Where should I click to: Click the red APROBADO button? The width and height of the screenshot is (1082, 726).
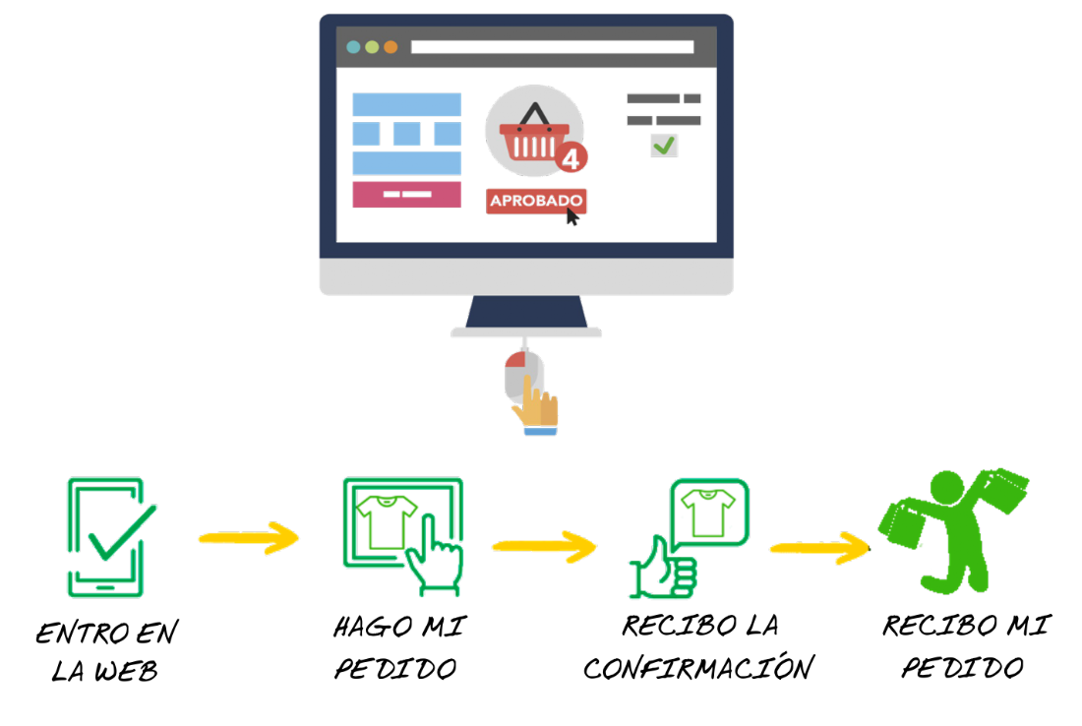[x=536, y=201]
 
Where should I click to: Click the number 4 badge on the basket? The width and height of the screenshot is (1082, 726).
[x=571, y=157]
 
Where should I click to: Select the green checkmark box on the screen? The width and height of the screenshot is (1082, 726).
[x=664, y=145]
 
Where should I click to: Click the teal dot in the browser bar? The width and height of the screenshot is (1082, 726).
[x=354, y=47]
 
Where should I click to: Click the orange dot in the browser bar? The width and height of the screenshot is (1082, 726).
[x=391, y=47]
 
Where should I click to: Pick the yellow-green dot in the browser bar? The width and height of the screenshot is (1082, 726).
[x=372, y=47]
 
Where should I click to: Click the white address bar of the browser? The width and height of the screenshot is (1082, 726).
[x=551, y=47]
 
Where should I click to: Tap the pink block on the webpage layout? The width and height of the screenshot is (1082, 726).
[x=406, y=194]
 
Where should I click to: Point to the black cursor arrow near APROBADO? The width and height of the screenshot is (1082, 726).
[x=572, y=216]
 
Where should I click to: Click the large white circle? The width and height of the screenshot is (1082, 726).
[x=150, y=271]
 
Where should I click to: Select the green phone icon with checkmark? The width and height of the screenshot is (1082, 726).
[x=106, y=537]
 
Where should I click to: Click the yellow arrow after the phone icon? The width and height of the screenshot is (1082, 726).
[x=248, y=538]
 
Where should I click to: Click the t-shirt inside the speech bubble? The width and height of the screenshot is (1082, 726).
[x=708, y=514]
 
